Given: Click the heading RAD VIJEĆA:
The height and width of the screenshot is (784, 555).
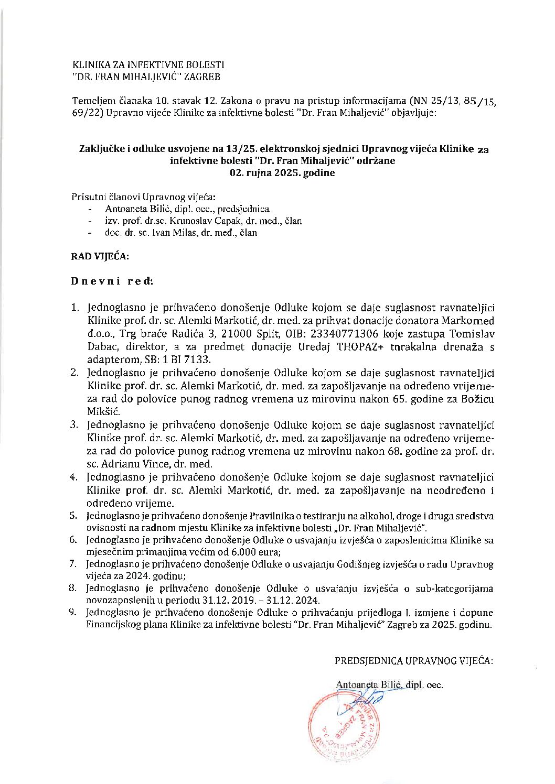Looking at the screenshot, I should (100, 256).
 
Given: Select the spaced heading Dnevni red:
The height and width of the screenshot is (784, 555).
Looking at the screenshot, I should (112, 281).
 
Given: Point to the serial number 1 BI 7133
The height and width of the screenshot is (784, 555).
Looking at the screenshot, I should (186, 360).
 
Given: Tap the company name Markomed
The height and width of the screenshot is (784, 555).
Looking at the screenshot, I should (468, 321).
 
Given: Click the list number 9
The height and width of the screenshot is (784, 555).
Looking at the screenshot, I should (74, 613).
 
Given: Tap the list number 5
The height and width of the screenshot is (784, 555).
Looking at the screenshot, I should (74, 516).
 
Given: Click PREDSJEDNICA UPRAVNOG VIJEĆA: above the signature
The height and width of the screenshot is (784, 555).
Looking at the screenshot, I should (413, 660).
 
